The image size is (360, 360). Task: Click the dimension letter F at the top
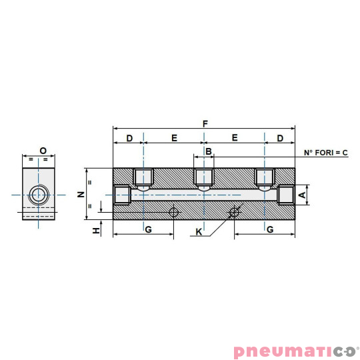point(205,123)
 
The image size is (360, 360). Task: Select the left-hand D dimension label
point(129,138)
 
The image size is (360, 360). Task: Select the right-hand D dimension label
point(280,138)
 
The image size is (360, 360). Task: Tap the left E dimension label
point(174,138)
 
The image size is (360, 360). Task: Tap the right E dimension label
point(235,138)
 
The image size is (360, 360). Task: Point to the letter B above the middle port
point(209,152)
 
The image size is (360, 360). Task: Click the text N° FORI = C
point(326,153)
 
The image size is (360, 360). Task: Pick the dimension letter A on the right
point(302,195)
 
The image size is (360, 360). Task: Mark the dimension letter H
point(97,230)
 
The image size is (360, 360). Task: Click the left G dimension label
point(148,229)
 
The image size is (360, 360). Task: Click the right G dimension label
point(269,229)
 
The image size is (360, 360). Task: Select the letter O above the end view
point(42,151)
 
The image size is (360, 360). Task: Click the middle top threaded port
point(203,177)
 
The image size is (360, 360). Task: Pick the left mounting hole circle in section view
point(174,212)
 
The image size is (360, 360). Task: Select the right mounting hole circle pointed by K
point(234,213)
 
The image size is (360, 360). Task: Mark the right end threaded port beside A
point(285,195)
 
